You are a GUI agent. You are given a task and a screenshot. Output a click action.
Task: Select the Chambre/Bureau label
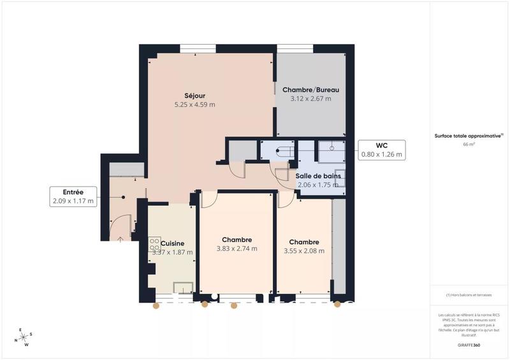tap(310, 90)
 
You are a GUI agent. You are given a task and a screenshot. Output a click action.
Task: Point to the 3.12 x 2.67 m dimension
tap(310, 99)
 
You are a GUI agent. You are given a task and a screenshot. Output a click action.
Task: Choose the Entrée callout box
tap(73, 196)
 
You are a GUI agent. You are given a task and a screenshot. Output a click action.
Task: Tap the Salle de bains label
tap(318, 175)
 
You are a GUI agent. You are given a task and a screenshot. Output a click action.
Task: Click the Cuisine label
tap(173, 243)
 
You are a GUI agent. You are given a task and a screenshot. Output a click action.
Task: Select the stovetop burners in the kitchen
tap(154, 245)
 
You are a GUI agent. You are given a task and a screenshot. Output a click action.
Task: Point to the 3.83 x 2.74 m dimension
tap(236, 248)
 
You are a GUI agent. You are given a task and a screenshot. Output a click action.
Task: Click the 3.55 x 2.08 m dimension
tap(303, 250)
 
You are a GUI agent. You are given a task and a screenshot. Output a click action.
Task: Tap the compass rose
tap(24, 338)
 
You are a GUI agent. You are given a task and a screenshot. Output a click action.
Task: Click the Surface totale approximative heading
tap(469, 136)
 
